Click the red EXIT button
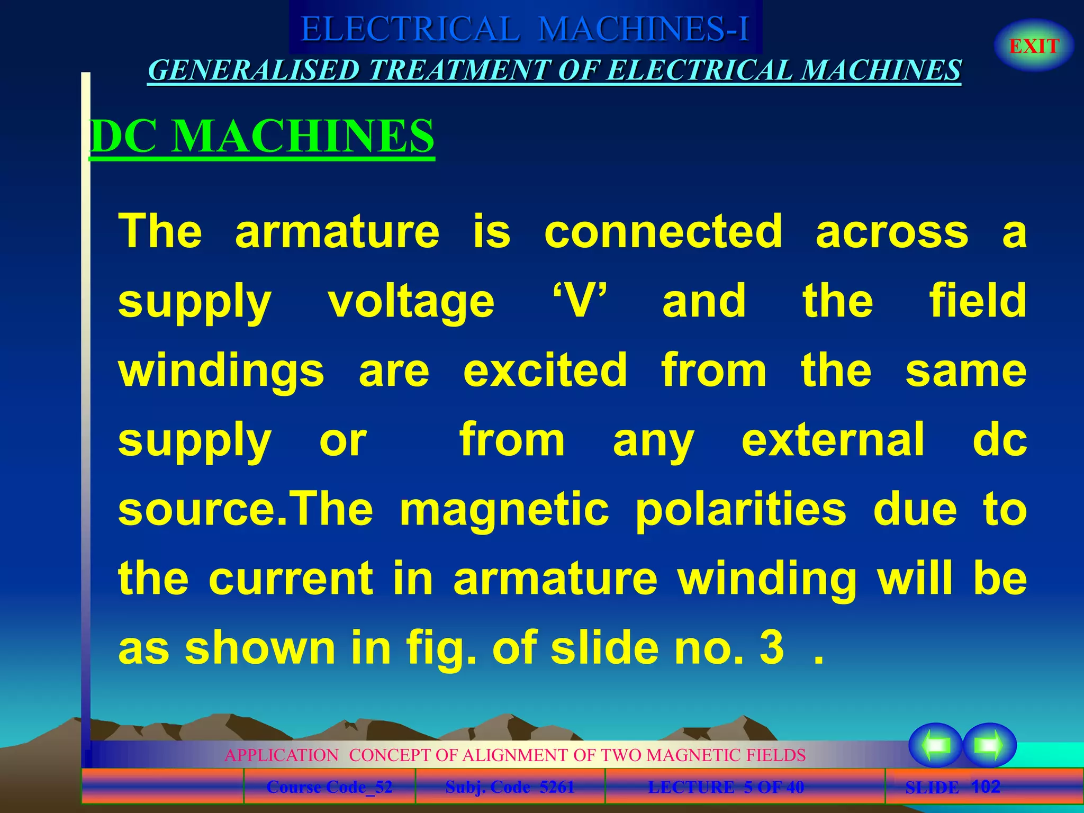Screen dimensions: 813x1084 click(1034, 46)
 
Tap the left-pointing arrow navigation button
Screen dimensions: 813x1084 click(935, 745)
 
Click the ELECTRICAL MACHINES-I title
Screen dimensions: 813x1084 click(525, 29)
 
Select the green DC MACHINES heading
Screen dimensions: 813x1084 click(262, 136)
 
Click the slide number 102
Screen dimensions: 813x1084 click(986, 787)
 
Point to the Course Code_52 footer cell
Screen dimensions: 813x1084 click(329, 787)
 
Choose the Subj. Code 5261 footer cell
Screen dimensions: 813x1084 click(510, 787)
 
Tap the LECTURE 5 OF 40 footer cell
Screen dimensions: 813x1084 click(726, 787)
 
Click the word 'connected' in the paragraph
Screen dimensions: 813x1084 click(663, 231)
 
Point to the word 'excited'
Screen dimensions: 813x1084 click(545, 370)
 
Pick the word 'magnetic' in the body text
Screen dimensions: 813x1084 click(504, 509)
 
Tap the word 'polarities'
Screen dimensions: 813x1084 click(740, 509)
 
